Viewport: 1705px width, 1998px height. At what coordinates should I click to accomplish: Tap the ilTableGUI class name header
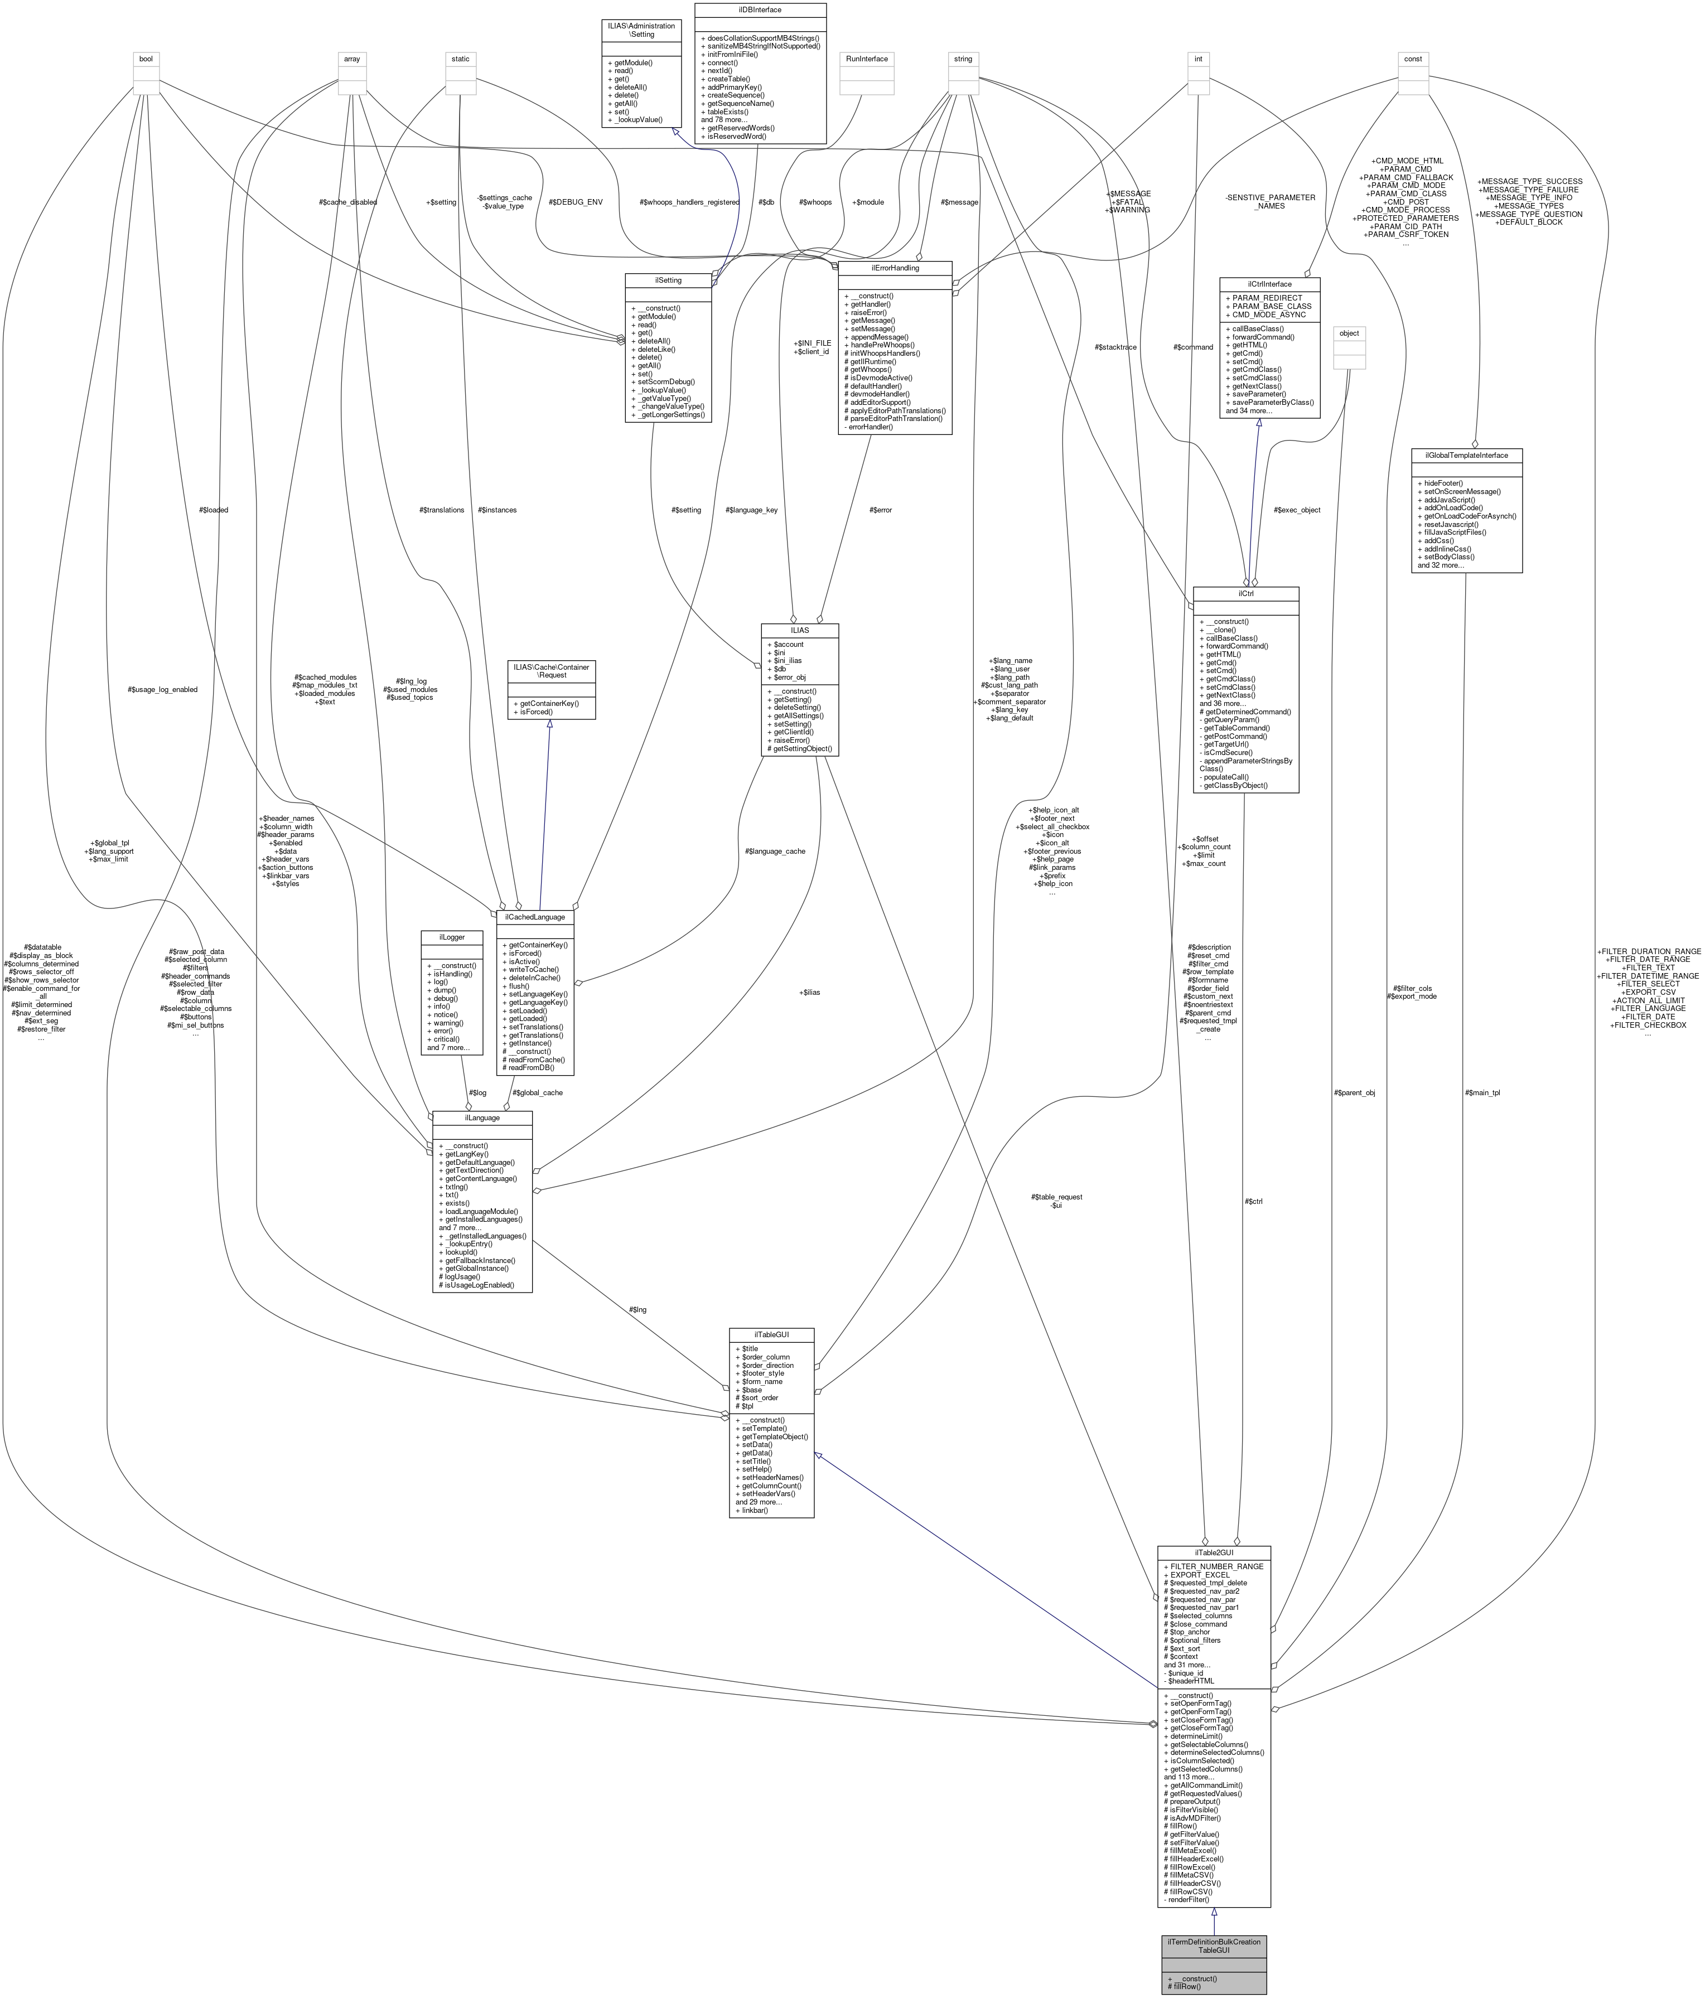click(771, 1334)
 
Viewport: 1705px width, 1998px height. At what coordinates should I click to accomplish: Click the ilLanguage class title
click(482, 1117)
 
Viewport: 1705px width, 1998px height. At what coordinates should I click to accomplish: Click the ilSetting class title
click(668, 279)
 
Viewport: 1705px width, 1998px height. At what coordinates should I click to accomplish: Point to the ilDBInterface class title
click(760, 9)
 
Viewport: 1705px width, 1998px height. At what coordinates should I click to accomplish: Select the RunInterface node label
click(866, 59)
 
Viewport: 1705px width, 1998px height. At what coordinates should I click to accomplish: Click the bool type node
click(146, 59)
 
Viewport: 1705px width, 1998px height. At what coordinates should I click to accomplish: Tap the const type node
click(1413, 59)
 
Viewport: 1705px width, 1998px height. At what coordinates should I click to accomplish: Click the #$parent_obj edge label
click(1354, 1092)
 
